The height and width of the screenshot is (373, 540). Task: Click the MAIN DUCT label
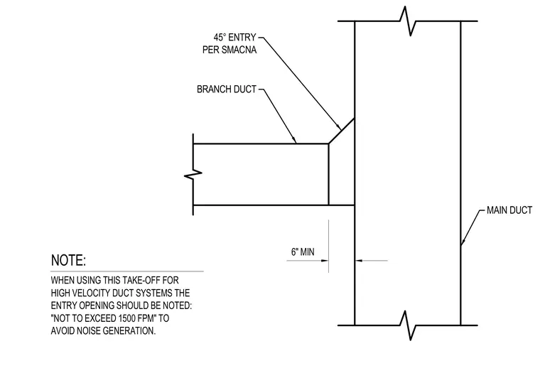coord(509,210)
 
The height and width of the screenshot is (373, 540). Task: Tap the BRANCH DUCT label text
coord(227,90)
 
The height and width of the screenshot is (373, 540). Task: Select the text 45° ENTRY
coord(235,37)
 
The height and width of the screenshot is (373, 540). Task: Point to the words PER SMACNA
coord(229,50)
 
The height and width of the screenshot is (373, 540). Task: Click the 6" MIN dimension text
coord(303,252)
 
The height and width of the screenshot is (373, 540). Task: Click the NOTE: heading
coord(68,260)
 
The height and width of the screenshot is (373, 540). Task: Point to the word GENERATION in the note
coord(129,330)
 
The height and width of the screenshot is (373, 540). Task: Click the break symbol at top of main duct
coord(408,21)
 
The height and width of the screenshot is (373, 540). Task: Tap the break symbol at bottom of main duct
coord(408,325)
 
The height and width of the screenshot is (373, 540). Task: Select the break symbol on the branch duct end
coord(193,175)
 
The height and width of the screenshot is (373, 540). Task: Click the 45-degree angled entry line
coord(341,131)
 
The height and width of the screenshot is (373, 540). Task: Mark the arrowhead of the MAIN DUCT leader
coord(463,241)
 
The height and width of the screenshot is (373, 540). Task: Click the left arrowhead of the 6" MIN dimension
coord(325,261)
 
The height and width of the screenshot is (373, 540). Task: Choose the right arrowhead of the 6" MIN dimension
coord(359,261)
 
